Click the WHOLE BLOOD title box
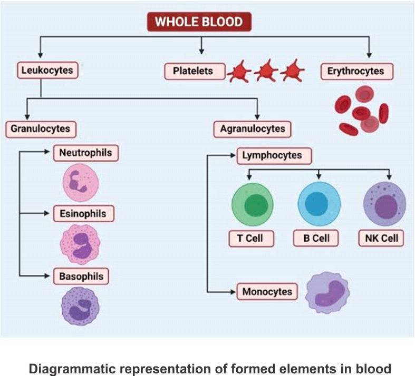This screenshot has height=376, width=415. [199, 22]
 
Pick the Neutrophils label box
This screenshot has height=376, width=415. [86, 153]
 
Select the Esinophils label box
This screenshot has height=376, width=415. [83, 214]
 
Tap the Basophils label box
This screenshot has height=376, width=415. [82, 276]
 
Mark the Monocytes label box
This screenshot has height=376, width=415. [267, 291]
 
